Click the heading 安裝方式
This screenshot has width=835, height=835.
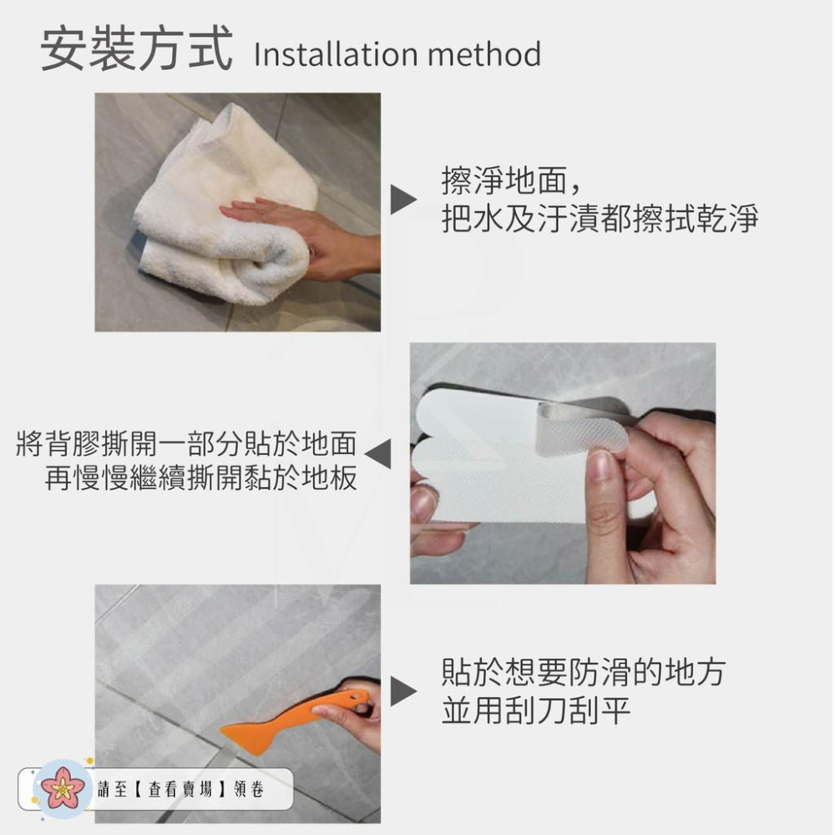pyautogui.click(x=136, y=50)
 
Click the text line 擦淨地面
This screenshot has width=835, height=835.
pyautogui.click(x=509, y=181)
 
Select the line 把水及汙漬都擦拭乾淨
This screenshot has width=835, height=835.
pyautogui.click(x=600, y=219)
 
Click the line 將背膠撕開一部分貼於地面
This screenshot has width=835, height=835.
pyautogui.click(x=186, y=443)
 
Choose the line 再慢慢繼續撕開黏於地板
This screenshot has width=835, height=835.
pyautogui.click(x=200, y=478)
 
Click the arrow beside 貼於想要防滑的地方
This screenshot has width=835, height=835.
pyautogui.click(x=404, y=690)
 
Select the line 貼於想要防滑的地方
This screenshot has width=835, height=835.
pyautogui.click(x=583, y=672)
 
